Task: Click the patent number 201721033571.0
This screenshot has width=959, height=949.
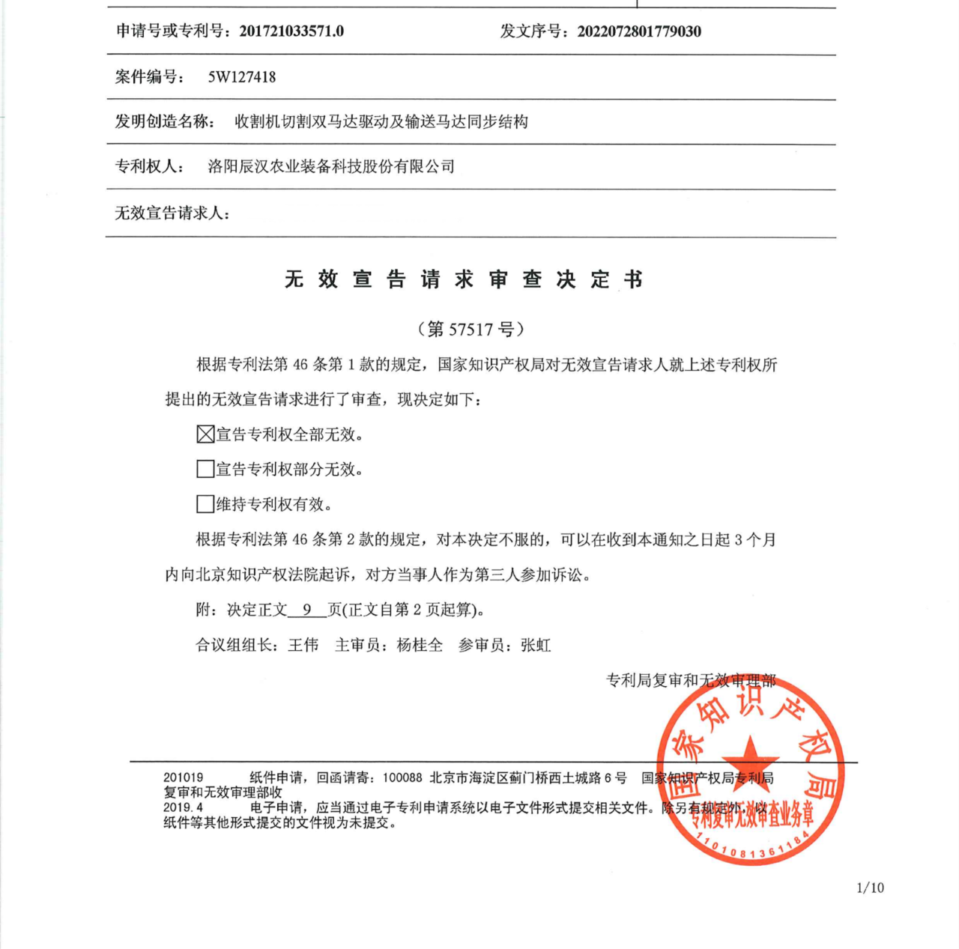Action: click(x=291, y=31)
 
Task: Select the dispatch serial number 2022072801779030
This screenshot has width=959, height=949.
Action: click(x=639, y=31)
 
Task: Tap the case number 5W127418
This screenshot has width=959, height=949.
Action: click(x=242, y=77)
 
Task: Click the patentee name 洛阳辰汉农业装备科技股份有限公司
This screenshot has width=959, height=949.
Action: click(x=331, y=166)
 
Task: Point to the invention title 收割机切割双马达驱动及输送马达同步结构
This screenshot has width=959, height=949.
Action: click(x=381, y=121)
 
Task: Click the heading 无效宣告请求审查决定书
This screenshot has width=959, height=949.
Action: click(x=464, y=279)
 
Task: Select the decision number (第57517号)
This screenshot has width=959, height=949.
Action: click(x=471, y=329)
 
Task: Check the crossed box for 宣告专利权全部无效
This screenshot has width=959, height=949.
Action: click(x=205, y=434)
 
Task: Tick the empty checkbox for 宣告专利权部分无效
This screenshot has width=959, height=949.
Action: click(x=205, y=469)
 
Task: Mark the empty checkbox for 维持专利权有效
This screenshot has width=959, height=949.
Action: click(x=205, y=504)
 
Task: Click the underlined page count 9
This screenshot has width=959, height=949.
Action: click(x=307, y=610)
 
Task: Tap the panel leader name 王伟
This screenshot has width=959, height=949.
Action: click(x=303, y=645)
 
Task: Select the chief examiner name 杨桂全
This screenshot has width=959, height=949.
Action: click(x=420, y=645)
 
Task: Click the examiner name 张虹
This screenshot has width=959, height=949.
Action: click(x=536, y=645)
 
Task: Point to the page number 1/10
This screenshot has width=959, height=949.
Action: click(x=870, y=888)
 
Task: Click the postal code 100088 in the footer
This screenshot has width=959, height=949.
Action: click(x=402, y=778)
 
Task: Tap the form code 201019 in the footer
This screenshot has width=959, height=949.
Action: click(x=184, y=778)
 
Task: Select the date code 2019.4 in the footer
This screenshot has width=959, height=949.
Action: click(x=184, y=807)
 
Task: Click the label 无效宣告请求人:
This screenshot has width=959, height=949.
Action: click(x=172, y=213)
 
